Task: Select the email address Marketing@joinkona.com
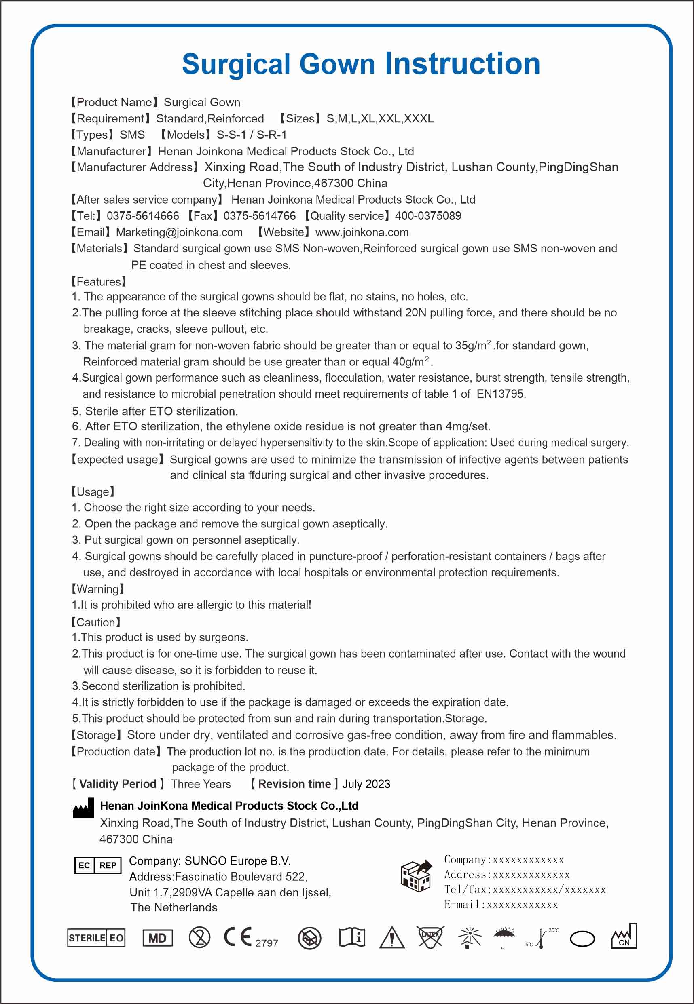(179, 232)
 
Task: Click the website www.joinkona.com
(362, 232)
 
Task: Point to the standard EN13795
(500, 394)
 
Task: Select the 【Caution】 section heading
(96, 622)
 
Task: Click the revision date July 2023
(366, 784)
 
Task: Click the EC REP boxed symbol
(97, 865)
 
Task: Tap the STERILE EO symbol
(96, 938)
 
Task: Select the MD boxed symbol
(157, 938)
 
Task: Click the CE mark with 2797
(250, 938)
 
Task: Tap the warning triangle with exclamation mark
(392, 938)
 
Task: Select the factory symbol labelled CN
(624, 937)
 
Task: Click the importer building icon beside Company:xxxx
(416, 875)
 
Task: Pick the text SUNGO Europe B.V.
(237, 861)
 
